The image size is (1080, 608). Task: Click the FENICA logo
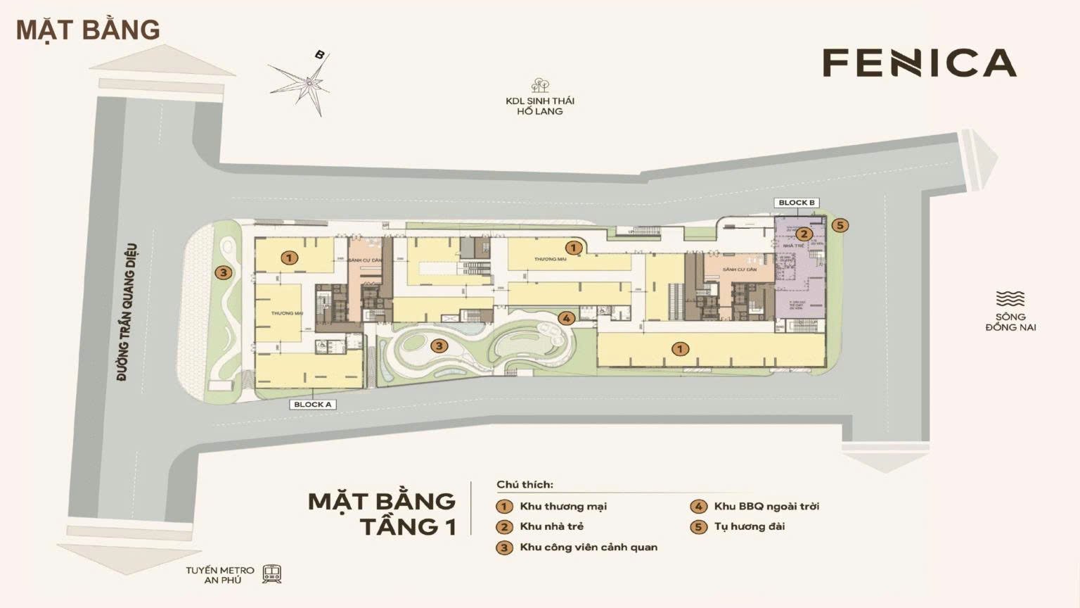tap(919, 63)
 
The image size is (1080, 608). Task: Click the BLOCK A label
tap(313, 405)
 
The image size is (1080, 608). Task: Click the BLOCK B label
tap(797, 203)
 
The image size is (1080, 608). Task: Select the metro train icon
tap(272, 574)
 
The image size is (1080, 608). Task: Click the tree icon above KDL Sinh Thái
tap(540, 85)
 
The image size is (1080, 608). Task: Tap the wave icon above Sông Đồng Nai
tap(1010, 298)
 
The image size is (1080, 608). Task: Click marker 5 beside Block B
tap(840, 225)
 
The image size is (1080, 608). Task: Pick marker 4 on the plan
tap(566, 318)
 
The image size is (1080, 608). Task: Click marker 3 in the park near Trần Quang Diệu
tap(223, 273)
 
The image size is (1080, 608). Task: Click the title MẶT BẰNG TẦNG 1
tap(382, 513)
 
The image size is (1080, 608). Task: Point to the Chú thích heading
tap(525, 484)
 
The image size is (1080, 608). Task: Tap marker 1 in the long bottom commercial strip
tap(679, 349)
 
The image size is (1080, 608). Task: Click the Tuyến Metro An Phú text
tap(220, 575)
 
